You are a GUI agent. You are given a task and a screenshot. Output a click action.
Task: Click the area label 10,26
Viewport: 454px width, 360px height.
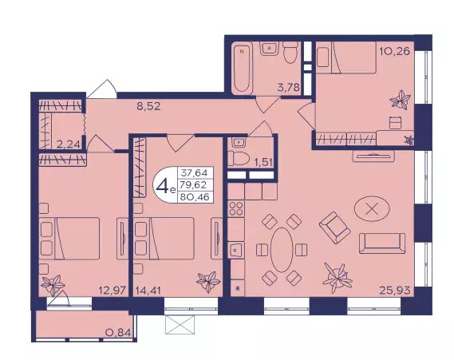(x=395, y=51)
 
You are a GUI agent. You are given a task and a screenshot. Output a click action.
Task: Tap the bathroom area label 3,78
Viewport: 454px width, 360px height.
(x=288, y=87)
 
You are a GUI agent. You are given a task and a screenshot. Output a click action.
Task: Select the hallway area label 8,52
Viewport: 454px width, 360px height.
(x=148, y=106)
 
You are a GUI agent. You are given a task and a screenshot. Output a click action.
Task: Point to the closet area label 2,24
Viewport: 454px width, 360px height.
(x=68, y=144)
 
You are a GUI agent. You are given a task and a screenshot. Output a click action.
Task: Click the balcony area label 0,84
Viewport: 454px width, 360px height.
(x=119, y=332)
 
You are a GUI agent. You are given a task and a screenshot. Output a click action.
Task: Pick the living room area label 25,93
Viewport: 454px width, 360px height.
(x=395, y=290)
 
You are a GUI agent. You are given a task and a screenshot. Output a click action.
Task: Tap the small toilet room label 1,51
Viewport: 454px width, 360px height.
(x=263, y=162)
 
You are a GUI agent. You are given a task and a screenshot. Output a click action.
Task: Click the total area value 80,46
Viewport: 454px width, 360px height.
(x=195, y=197)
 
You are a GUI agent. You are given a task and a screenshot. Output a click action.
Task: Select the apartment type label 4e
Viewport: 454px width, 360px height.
(x=165, y=187)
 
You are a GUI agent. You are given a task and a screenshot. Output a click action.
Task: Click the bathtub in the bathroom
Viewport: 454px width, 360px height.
(x=242, y=68)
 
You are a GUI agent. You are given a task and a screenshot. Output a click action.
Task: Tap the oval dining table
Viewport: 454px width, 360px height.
(x=282, y=250)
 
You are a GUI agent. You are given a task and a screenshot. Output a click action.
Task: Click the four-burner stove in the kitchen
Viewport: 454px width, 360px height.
(x=236, y=208)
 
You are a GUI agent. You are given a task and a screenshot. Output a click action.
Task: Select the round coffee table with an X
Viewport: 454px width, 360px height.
(x=372, y=208)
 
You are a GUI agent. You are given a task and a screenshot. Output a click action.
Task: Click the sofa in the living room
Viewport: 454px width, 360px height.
(x=382, y=243)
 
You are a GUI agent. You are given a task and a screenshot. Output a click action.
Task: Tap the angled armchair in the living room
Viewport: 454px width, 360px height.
(x=334, y=227)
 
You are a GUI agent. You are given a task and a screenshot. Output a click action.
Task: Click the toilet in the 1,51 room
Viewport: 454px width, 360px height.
(x=239, y=159)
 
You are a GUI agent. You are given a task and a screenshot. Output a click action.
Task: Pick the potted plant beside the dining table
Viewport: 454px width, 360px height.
(x=337, y=279)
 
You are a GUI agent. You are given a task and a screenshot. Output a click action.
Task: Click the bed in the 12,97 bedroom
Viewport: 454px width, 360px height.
(x=69, y=239)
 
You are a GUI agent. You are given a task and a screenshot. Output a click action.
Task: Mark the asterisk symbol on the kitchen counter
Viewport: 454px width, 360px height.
(x=238, y=288)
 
